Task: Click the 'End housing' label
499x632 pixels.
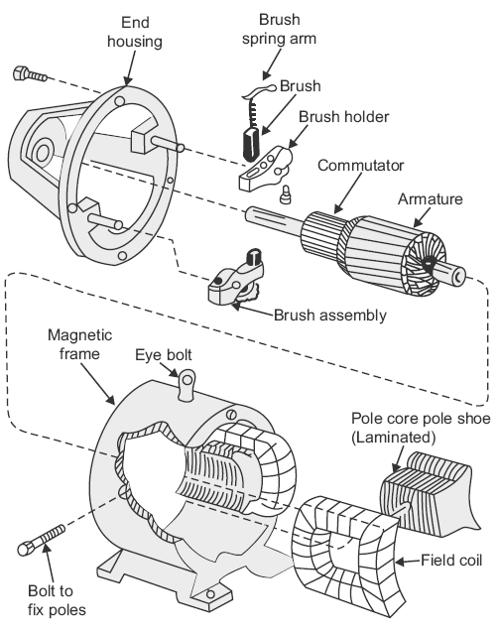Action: [135, 32]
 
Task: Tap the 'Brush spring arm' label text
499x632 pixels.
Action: [279, 29]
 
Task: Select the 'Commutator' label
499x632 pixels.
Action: [360, 166]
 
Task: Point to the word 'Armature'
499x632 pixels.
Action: [431, 199]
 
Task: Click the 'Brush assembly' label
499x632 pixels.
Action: [330, 316]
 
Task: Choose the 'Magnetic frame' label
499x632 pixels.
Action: [79, 344]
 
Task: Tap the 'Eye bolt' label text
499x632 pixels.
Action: [164, 355]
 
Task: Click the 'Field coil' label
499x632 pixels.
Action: [451, 561]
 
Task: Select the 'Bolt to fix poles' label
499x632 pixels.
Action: [57, 600]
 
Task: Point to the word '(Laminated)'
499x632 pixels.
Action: [394, 438]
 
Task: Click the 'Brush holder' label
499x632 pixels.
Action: [344, 117]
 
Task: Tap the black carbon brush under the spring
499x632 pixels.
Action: [252, 144]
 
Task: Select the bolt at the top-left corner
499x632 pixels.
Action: [30, 74]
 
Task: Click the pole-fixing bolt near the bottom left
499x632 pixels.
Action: [41, 540]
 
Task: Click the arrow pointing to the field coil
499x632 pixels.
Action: [408, 562]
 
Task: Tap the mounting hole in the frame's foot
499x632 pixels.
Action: [209, 594]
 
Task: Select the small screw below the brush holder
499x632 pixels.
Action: [286, 193]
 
